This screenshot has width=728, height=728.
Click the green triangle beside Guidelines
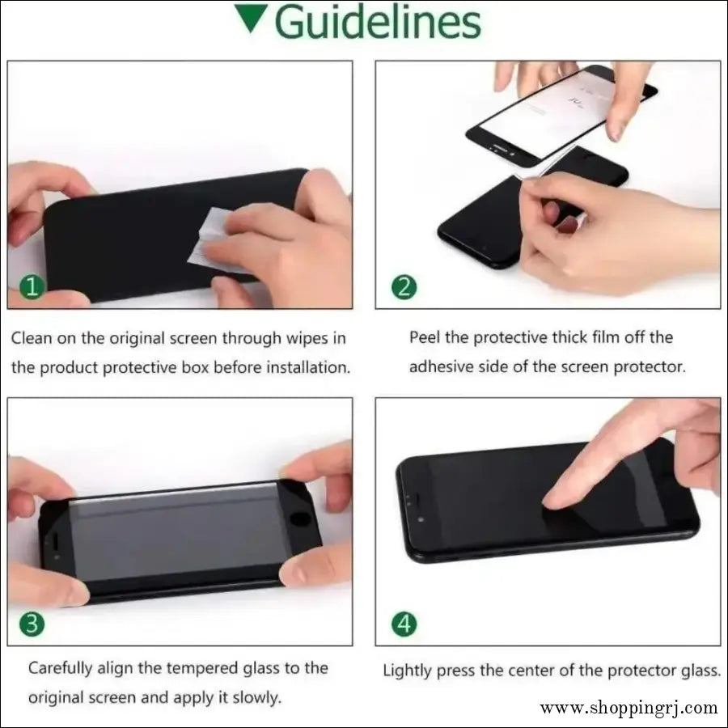pyautogui.click(x=251, y=18)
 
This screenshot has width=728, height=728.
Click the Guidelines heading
pyautogui.click(x=378, y=23)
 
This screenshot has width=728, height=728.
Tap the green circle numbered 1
pyautogui.click(x=32, y=287)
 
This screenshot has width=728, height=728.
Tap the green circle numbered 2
pyautogui.click(x=404, y=287)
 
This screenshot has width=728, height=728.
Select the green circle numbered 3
pyautogui.click(x=32, y=624)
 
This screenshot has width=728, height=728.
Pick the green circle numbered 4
pyautogui.click(x=404, y=624)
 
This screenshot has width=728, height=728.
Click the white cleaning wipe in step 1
pyautogui.click(x=214, y=240)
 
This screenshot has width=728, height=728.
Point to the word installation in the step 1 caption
pyautogui.click(x=308, y=368)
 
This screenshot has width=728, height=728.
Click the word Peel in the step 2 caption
pyautogui.click(x=424, y=337)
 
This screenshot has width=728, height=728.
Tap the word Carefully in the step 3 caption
pyautogui.click(x=61, y=669)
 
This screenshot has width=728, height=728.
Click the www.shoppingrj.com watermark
pyautogui.click(x=629, y=708)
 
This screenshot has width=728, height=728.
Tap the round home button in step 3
pyautogui.click(x=300, y=518)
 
